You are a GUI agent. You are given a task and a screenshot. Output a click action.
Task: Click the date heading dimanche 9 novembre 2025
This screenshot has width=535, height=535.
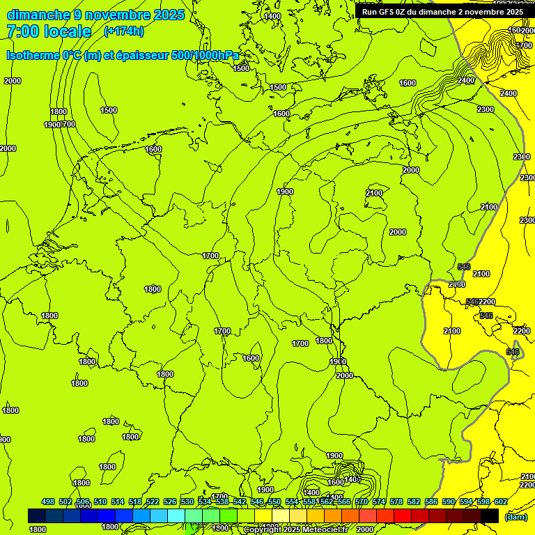95,15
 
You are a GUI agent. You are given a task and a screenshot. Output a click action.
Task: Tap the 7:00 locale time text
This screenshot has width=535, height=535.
49,31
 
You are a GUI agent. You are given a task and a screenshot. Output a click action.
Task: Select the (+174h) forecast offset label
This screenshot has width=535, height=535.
125,31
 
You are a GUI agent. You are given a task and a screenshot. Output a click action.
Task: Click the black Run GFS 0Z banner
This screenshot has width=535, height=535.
442,12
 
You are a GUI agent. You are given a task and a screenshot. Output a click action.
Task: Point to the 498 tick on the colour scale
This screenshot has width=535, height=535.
48,502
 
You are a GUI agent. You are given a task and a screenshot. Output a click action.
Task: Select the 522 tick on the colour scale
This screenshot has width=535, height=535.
153,502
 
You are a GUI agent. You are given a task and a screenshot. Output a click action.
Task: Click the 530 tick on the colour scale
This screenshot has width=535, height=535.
187,502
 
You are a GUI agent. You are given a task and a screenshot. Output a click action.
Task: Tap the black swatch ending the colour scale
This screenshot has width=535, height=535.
490,515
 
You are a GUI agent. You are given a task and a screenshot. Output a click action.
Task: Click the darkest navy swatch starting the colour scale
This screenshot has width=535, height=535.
37,515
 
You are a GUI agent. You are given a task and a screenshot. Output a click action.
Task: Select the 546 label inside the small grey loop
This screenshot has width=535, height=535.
513,352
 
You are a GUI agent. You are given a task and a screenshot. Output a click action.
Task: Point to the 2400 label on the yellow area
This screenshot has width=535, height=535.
509,93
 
